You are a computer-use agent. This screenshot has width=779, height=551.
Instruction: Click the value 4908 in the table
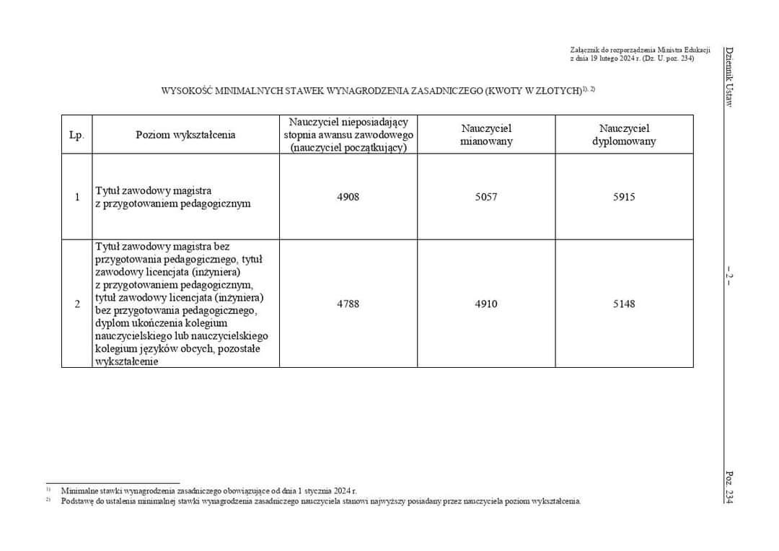pyautogui.click(x=348, y=197)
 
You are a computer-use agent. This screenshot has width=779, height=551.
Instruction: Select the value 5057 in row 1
pyautogui.click(x=485, y=197)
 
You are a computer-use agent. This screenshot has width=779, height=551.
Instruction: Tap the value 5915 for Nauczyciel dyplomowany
pyautogui.click(x=624, y=197)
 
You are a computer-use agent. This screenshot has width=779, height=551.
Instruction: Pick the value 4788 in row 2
pyautogui.click(x=348, y=304)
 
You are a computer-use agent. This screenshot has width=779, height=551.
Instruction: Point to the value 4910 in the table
pyautogui.click(x=485, y=304)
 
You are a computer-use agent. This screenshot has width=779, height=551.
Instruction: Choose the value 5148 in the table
pyautogui.click(x=624, y=304)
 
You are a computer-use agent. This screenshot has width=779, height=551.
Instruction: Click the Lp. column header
pyautogui.click(x=76, y=135)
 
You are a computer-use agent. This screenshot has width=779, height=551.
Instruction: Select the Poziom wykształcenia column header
pyautogui.click(x=185, y=135)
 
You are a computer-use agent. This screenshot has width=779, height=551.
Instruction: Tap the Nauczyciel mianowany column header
pyautogui.click(x=486, y=135)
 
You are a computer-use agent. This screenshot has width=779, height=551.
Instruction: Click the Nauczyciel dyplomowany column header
pyautogui.click(x=624, y=135)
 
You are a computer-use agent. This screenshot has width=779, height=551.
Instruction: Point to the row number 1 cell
pyautogui.click(x=76, y=197)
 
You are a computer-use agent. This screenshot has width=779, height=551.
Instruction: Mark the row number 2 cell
pyautogui.click(x=76, y=304)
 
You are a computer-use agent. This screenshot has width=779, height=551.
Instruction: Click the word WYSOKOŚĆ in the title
pyautogui.click(x=184, y=92)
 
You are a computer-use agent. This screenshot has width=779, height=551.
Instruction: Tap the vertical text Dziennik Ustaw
pyautogui.click(x=729, y=77)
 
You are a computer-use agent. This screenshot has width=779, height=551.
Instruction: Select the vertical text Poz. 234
pyautogui.click(x=729, y=488)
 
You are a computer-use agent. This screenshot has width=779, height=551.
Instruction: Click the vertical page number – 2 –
pyautogui.click(x=729, y=275)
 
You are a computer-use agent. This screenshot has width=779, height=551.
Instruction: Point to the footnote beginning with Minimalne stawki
pyautogui.click(x=209, y=490)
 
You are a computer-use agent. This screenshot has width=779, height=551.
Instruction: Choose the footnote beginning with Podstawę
pyautogui.click(x=320, y=501)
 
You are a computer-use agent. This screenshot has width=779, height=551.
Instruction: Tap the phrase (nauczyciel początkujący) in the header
pyautogui.click(x=348, y=147)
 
